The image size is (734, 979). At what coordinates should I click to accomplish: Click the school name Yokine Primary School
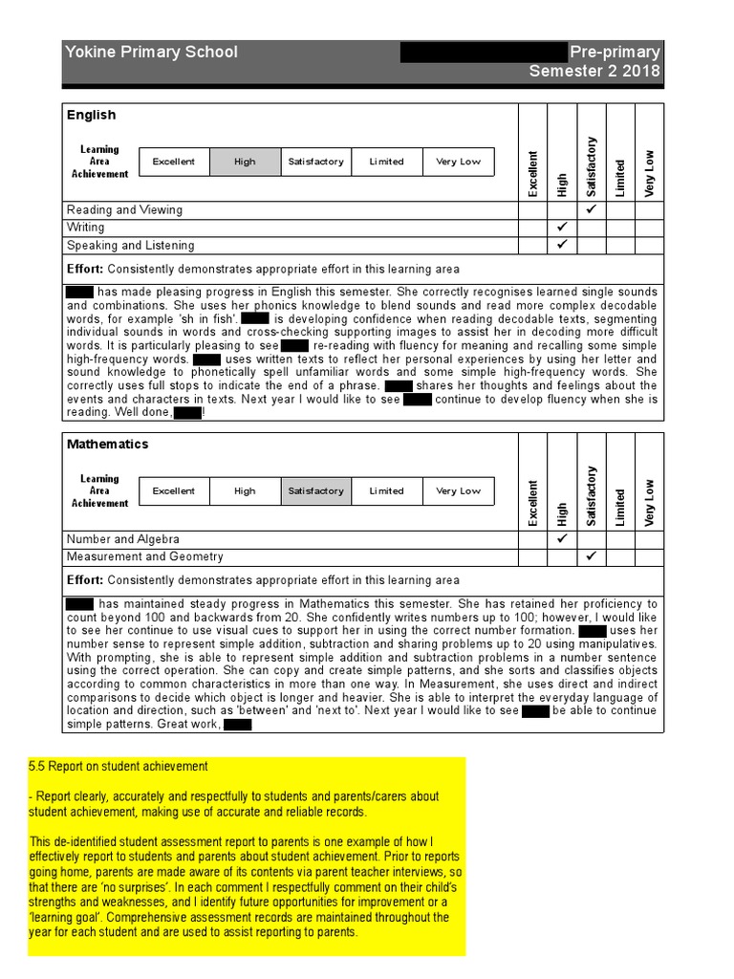[x=151, y=52]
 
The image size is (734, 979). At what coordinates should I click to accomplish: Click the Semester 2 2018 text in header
[x=594, y=72]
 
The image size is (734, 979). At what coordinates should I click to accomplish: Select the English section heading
[x=91, y=115]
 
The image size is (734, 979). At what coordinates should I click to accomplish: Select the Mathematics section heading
[x=107, y=445]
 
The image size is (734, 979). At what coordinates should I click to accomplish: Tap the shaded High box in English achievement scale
[x=245, y=162]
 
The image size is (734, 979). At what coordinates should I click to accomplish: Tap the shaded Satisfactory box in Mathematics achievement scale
[x=315, y=491]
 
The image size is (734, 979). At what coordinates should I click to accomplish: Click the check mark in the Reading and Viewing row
[x=592, y=208]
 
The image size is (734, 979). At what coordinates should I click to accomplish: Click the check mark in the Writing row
[x=561, y=228]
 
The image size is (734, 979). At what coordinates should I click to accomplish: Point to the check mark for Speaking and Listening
[x=561, y=245]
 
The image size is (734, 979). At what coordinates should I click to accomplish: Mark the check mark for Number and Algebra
[x=561, y=539]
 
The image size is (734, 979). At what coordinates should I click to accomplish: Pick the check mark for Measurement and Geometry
[x=592, y=556]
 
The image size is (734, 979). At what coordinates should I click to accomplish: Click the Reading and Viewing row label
[x=124, y=209]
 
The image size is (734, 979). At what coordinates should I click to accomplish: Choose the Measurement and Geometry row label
[x=144, y=556]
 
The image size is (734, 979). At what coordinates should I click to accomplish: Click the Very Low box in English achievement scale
[x=459, y=162]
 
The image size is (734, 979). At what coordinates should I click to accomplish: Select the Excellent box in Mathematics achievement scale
[x=174, y=491]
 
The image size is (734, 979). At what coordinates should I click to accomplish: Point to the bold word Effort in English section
[x=85, y=269]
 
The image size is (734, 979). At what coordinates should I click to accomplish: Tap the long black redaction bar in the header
[x=484, y=52]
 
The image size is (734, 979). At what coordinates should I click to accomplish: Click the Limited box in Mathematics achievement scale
[x=387, y=491]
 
